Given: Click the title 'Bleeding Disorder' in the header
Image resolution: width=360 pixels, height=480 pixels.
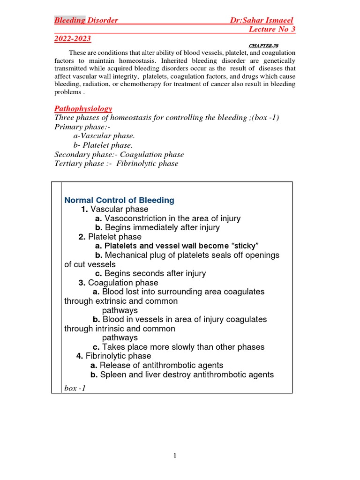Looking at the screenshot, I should pyautogui.click(x=86, y=20).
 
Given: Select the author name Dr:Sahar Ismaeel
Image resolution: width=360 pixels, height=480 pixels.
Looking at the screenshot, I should pyautogui.click(x=262, y=20).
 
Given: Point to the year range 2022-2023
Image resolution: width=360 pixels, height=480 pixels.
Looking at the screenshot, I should pyautogui.click(x=73, y=38).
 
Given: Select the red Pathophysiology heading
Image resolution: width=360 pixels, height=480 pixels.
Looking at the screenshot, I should pyautogui.click(x=83, y=108).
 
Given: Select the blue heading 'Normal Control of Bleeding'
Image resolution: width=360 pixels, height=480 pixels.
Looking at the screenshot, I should pyautogui.click(x=119, y=200).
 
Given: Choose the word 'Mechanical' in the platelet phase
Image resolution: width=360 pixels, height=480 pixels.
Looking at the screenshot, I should pyautogui.click(x=127, y=255).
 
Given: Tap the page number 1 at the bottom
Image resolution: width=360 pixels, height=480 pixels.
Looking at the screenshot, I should pyautogui.click(x=174, y=456).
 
